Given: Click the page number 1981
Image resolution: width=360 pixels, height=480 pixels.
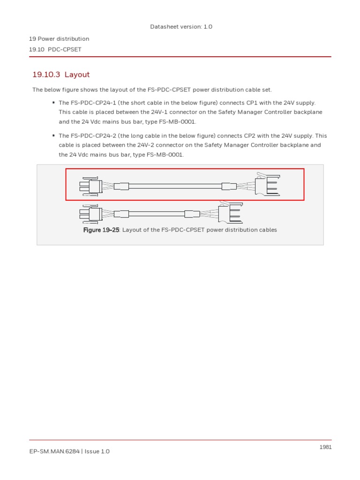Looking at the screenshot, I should (x=325, y=447).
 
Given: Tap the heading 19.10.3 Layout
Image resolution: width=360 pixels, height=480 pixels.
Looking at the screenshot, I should (x=61, y=75).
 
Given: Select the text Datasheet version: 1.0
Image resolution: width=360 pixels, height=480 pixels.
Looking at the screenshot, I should (x=181, y=27).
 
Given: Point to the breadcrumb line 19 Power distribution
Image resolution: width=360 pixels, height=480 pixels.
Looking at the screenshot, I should (x=59, y=39).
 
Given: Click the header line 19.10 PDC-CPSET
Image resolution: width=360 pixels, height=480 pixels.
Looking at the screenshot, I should (x=55, y=49).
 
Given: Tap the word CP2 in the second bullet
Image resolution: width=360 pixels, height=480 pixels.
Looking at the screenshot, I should (x=252, y=136).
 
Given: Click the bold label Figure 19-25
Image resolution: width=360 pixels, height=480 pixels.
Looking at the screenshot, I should (x=101, y=230).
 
